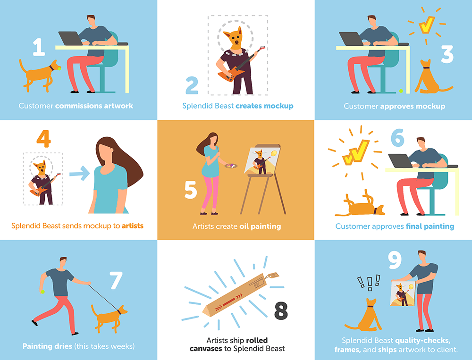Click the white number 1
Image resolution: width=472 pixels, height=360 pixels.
tap(39, 47)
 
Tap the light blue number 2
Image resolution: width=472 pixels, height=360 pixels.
tap(192, 85)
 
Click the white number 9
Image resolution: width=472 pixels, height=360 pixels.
tap(395, 260)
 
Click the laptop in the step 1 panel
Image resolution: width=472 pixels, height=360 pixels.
tap(70, 38)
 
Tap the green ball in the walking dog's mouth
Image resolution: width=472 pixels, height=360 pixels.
tap(59, 68)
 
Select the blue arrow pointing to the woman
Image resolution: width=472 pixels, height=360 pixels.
tap(80, 174)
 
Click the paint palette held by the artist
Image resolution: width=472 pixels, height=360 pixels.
tap(231, 166)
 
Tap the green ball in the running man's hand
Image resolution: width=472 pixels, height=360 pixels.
tap(43, 292)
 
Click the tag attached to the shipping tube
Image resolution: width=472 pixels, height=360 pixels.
tap(273, 276)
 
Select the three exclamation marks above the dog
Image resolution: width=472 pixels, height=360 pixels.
tap(369, 283)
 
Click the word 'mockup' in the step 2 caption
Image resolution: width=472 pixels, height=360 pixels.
tap(278, 106)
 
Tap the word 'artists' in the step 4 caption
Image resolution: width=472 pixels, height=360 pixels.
tap(133, 226)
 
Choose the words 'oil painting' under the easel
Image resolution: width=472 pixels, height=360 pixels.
tap(260, 226)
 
